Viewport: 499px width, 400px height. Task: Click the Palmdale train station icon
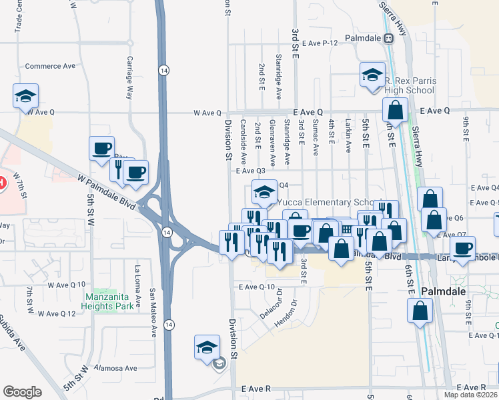click(388, 38)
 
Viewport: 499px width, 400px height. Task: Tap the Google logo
click(22, 392)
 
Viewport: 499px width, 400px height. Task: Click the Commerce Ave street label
click(50, 66)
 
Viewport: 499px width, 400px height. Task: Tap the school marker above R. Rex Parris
click(372, 74)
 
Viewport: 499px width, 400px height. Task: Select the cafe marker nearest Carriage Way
click(103, 148)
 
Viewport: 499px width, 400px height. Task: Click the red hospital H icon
click(1, 182)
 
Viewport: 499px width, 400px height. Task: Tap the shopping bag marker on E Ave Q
click(395, 110)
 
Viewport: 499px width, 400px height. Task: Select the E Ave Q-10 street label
click(257, 287)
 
